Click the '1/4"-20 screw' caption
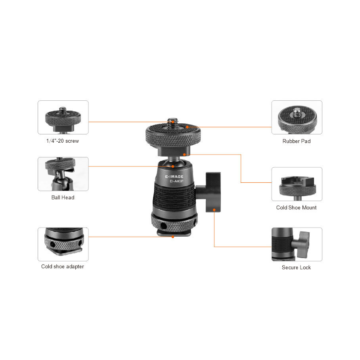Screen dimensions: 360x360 (x=63, y=141)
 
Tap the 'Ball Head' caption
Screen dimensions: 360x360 (x=63, y=197)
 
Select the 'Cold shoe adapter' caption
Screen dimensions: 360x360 (x=63, y=266)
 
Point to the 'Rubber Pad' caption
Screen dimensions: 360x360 (x=297, y=141)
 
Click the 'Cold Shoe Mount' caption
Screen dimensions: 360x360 (x=296, y=207)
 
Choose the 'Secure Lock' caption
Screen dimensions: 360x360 (x=296, y=267)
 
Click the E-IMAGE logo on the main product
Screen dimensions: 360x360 (x=174, y=176)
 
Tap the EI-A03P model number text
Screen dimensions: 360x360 (x=176, y=181)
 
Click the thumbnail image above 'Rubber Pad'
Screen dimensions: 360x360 (x=297, y=117)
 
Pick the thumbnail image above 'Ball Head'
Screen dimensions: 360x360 (x=63, y=174)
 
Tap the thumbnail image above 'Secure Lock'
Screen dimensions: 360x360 (x=297, y=244)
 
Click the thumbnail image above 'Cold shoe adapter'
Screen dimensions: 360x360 (x=63, y=244)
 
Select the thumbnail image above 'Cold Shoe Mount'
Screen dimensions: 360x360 (x=297, y=184)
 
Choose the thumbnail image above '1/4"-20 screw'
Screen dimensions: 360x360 (x=63, y=117)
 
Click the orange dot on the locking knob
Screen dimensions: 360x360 (x=214, y=210)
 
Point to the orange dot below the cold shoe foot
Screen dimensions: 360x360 (x=172, y=237)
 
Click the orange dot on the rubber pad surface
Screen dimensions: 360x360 (x=187, y=127)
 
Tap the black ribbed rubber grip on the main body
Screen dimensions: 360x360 (x=174, y=196)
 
